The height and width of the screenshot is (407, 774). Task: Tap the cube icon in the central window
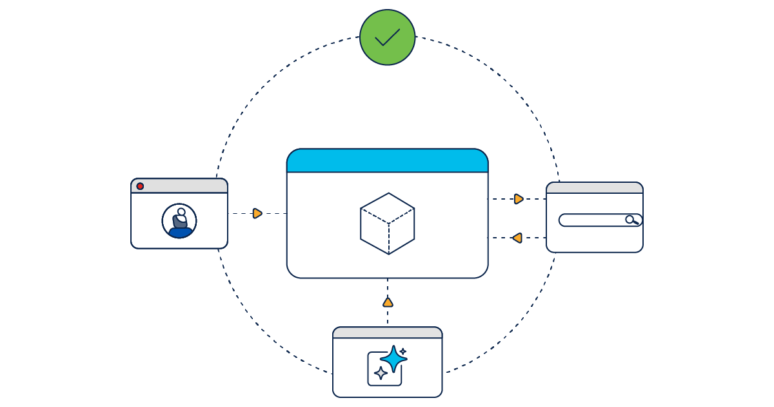387,224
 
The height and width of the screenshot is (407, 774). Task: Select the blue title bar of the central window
387,161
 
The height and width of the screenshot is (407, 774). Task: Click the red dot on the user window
140,186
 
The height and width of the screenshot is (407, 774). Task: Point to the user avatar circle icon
179,221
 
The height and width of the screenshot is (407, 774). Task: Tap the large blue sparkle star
393,359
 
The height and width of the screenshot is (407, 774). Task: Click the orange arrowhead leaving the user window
257,213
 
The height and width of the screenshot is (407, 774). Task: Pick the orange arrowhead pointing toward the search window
519,199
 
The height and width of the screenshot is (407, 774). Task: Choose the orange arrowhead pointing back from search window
517,238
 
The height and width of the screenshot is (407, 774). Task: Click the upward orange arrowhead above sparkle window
388,302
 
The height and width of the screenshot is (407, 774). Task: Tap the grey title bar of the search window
594,188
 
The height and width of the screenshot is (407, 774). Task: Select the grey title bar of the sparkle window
387,333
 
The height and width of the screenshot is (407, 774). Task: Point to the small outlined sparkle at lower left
381,373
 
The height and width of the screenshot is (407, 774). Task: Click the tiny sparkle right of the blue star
403,352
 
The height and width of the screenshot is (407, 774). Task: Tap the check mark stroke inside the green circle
387,38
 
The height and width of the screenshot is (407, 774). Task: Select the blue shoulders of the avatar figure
179,231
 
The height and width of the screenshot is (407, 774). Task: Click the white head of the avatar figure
181,212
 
